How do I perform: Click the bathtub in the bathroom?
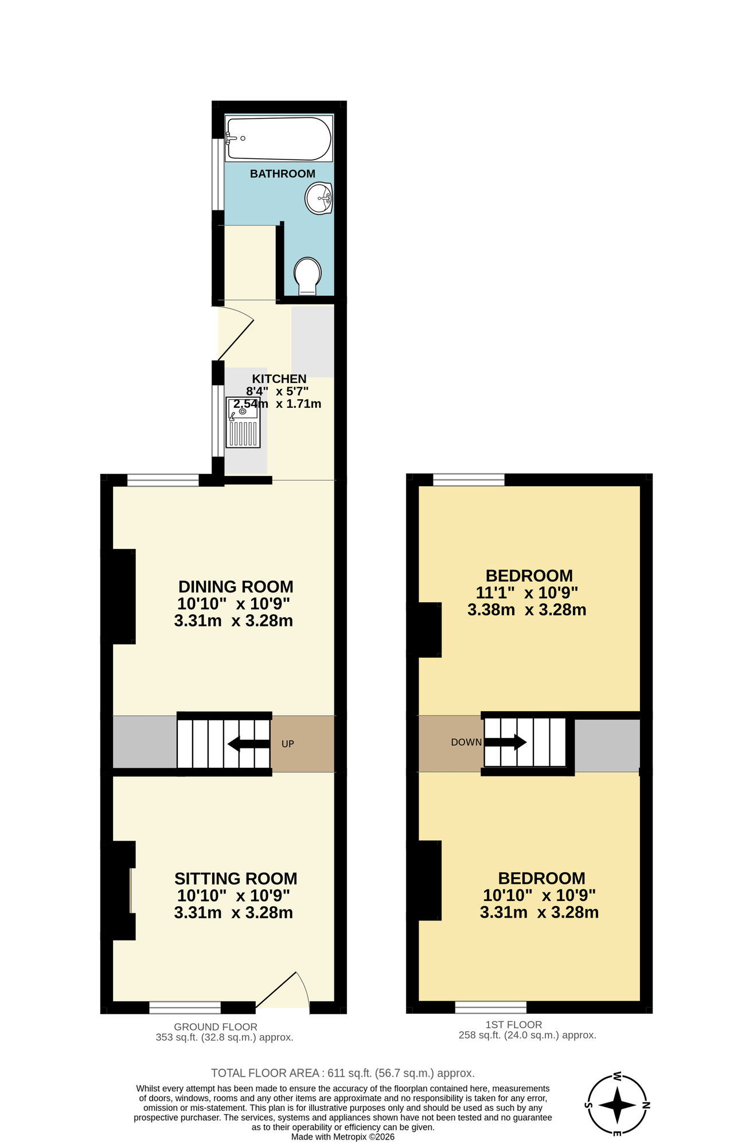click(x=279, y=139)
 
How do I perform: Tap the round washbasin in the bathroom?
click(x=319, y=198)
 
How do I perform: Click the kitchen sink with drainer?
click(x=243, y=422)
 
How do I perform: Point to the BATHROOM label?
click(x=282, y=174)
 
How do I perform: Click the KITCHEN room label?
click(x=279, y=379)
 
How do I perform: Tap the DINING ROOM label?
click(x=236, y=587)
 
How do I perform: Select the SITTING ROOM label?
click(x=236, y=879)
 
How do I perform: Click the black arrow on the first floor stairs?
click(x=505, y=742)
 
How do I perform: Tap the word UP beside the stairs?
click(x=288, y=744)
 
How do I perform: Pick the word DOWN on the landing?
click(x=466, y=742)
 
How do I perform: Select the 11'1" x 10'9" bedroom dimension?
click(x=526, y=592)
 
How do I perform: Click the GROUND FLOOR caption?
click(x=216, y=1027)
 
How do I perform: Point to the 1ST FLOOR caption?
click(x=513, y=1024)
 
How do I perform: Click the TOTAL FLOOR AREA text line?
click(x=342, y=1073)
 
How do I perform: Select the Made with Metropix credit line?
click(x=342, y=1137)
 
